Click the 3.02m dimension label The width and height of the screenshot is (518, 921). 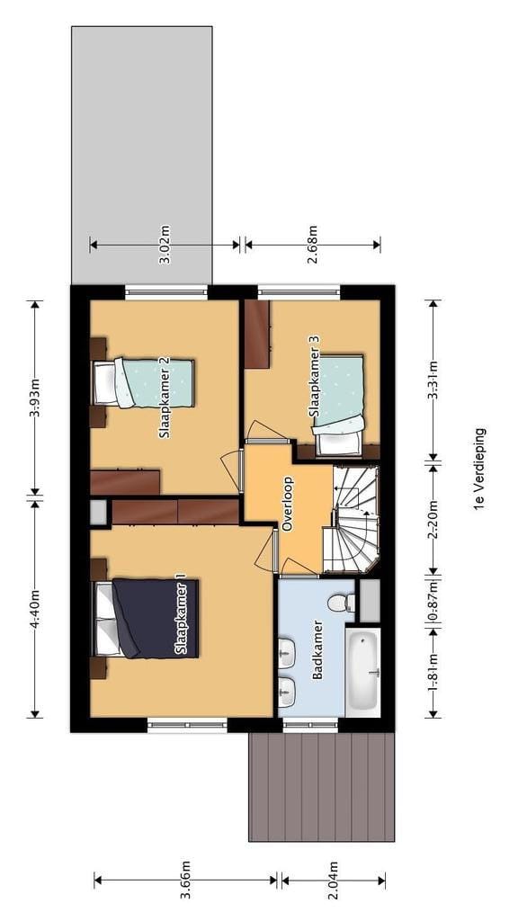pyautogui.click(x=165, y=249)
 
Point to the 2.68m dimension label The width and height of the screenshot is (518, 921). pyautogui.click(x=313, y=249)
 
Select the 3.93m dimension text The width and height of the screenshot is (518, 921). pyautogui.click(x=35, y=398)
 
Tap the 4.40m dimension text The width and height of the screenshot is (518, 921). pyautogui.click(x=35, y=607)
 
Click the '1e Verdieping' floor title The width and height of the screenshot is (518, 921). pyautogui.click(x=479, y=469)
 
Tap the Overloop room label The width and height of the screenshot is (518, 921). pyautogui.click(x=288, y=505)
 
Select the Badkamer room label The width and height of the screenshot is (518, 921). pyautogui.click(x=317, y=650)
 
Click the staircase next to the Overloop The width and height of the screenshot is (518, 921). pyautogui.click(x=353, y=520)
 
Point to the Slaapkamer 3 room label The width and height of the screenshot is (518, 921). pyautogui.click(x=314, y=377)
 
